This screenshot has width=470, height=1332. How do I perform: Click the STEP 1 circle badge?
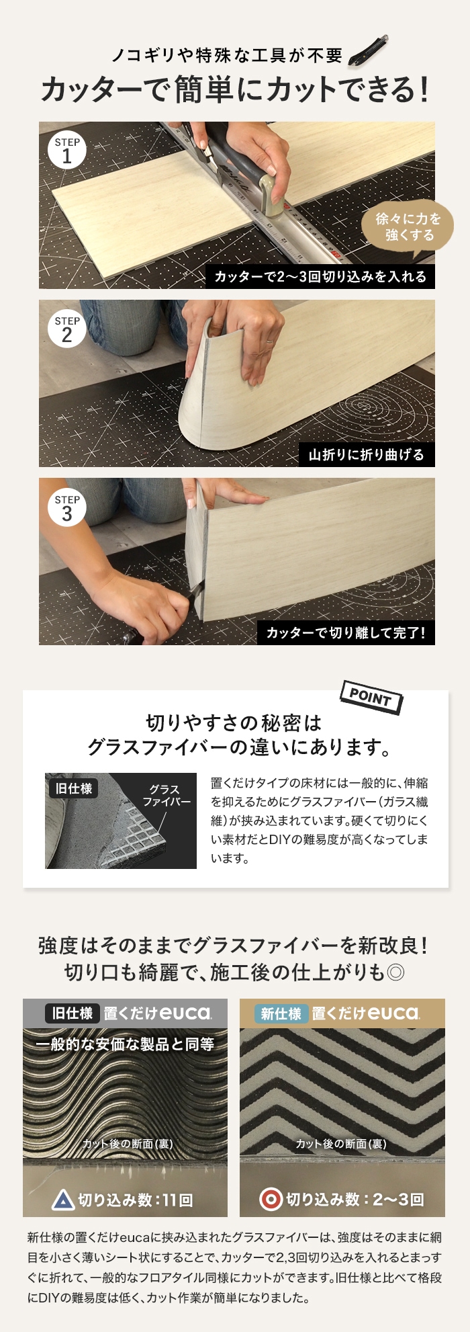click(67, 151)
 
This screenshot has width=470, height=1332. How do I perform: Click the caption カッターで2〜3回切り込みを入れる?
click(320, 276)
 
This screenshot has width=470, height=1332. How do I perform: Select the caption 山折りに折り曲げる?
click(367, 455)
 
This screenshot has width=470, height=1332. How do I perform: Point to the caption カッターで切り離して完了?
click(346, 633)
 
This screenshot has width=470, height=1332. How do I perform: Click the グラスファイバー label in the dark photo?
click(166, 796)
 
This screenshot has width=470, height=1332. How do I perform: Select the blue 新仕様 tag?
click(282, 1013)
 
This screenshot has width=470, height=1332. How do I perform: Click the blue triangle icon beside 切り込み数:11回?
click(63, 1200)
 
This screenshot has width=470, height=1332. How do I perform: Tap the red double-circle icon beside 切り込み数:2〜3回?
click(271, 1200)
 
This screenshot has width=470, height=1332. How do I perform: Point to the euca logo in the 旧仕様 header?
click(186, 1013)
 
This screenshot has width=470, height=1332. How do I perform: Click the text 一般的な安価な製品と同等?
click(125, 1044)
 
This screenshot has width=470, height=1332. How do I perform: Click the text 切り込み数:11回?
click(136, 1200)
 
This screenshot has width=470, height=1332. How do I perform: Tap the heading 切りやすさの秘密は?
click(234, 723)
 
